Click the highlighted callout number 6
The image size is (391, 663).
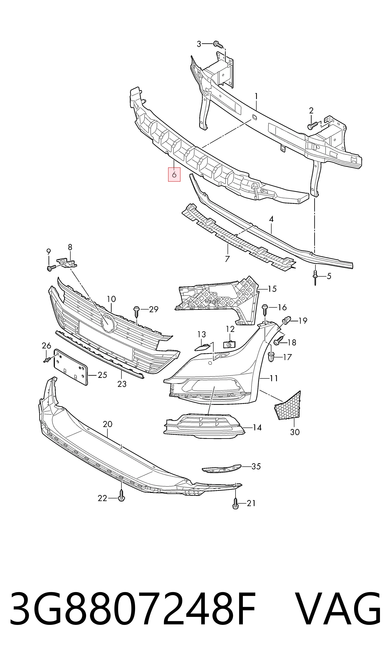[x=174, y=174]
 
